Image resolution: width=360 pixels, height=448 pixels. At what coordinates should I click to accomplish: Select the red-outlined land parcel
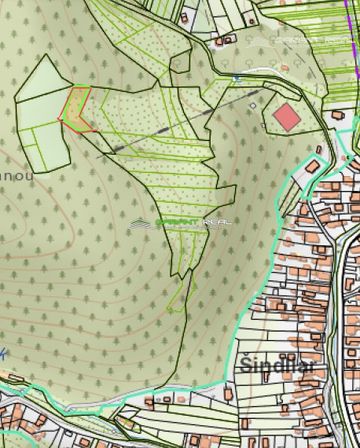pyautogui.click(x=76, y=110)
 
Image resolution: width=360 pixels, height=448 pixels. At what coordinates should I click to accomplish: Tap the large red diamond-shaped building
pyautogui.click(x=287, y=117)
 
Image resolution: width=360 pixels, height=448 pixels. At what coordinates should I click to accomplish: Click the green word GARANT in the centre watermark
pyautogui.click(x=178, y=223)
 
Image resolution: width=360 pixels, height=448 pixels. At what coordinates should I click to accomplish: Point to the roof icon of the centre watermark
pyautogui.click(x=141, y=224)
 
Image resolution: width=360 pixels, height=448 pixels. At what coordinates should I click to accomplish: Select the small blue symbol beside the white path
pyautogui.click(x=237, y=79)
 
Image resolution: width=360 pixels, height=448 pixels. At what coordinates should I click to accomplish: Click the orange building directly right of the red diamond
pyautogui.click(x=338, y=115)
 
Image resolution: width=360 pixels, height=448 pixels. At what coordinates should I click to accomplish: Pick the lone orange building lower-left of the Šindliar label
pyautogui.click(x=229, y=392)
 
